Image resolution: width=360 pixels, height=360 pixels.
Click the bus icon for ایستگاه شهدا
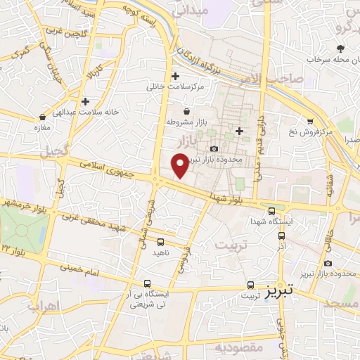point(272,211)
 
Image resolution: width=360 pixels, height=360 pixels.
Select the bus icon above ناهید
point(161,243)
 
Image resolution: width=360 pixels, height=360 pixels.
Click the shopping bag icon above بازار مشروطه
point(186,111)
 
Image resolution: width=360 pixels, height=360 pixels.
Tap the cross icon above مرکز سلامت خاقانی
point(175,76)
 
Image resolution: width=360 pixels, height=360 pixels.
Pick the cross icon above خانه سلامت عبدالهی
point(85,101)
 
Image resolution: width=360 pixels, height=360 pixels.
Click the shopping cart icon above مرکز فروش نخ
point(309,122)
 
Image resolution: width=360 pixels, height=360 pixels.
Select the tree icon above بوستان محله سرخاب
point(341,48)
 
